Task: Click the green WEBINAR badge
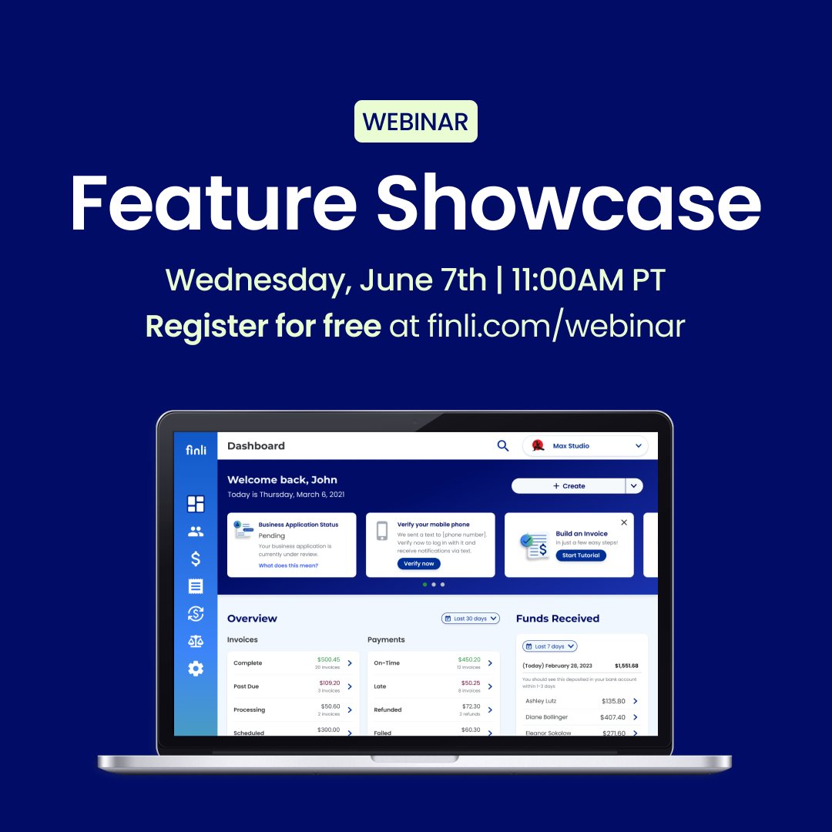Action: pos(415,122)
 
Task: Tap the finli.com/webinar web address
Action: pos(555,326)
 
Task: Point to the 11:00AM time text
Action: pos(569,280)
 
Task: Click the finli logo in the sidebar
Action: pos(196,450)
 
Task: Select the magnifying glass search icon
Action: pos(503,445)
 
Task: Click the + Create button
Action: pos(569,486)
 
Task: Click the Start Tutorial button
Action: pos(580,555)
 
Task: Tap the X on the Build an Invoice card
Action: pos(624,522)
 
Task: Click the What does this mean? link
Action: pos(288,565)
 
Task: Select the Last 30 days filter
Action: pos(471,619)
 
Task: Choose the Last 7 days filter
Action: pos(549,646)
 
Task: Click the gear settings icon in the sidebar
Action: pos(196,669)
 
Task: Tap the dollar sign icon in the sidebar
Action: pos(196,559)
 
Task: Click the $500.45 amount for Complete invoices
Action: pos(328,659)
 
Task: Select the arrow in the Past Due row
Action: pos(350,686)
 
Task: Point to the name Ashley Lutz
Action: pos(541,701)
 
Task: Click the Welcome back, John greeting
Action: pos(282,480)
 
